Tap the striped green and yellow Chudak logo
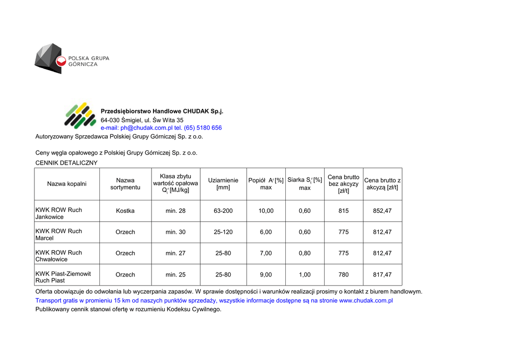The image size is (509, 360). pos(80,115)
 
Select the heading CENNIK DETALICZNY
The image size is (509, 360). pos(67,163)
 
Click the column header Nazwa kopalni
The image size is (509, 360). pos(67,184)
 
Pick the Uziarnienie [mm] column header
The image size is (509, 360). pos(223,184)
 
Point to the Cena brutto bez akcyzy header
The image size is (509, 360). pos(343,184)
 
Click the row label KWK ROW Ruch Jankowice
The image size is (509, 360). pos(59,213)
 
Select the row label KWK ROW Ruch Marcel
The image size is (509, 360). pos(59,235)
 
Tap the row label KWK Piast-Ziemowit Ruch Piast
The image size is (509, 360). pos(63,277)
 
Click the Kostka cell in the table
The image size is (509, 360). pos(125,211)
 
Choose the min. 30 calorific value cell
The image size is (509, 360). pos(175,232)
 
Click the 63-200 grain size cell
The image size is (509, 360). pos(223,211)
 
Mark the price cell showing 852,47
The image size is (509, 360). pos(382,211)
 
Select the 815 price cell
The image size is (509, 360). pos(343,211)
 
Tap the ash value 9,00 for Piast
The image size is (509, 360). pos(266,274)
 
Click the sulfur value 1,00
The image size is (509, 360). pos(305,274)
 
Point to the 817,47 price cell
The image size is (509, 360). pos(382,274)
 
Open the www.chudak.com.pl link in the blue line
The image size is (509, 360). pos(366,301)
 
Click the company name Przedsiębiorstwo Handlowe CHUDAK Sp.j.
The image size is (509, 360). pos(162,111)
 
